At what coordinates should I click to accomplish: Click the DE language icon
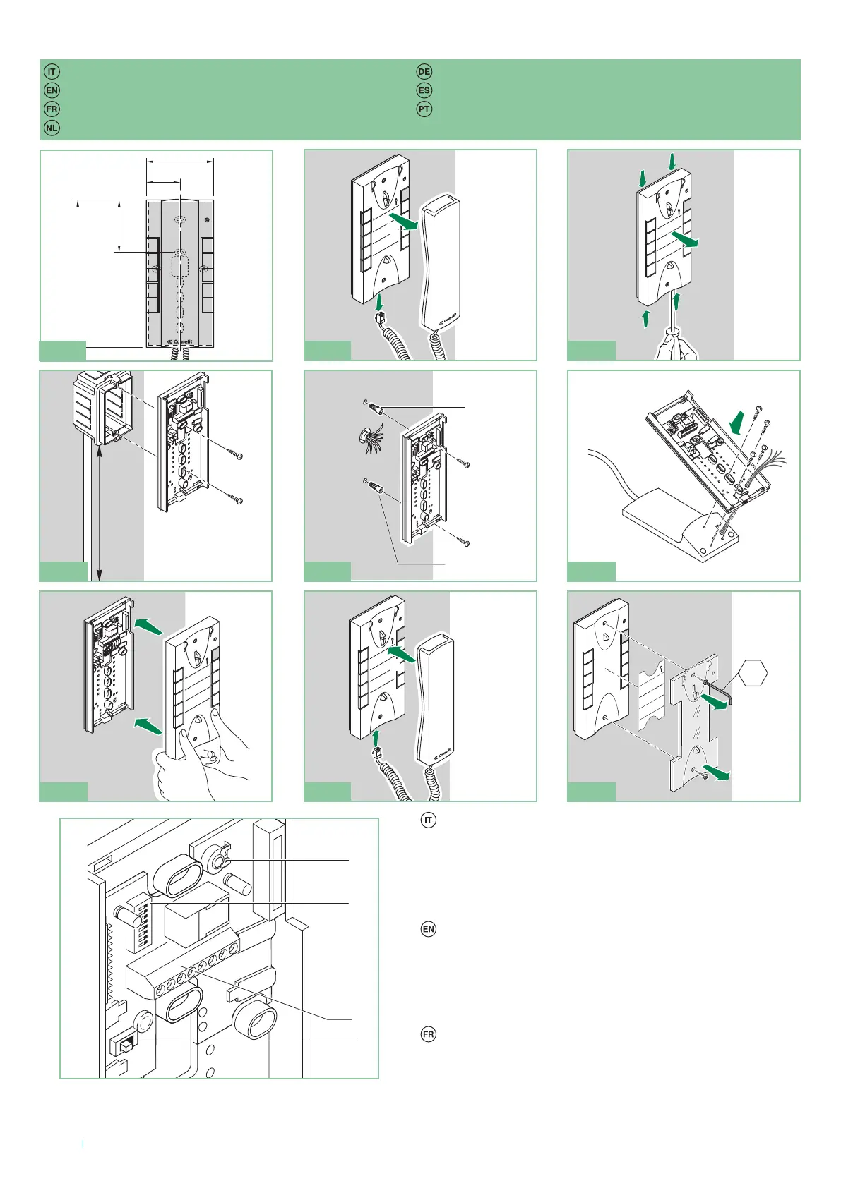pos(424,72)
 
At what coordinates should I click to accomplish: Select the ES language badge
pos(424,90)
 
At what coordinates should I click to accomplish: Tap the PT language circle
pos(424,109)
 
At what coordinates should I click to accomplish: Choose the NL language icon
pos(52,128)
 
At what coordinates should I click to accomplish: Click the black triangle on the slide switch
pos(131,1041)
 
